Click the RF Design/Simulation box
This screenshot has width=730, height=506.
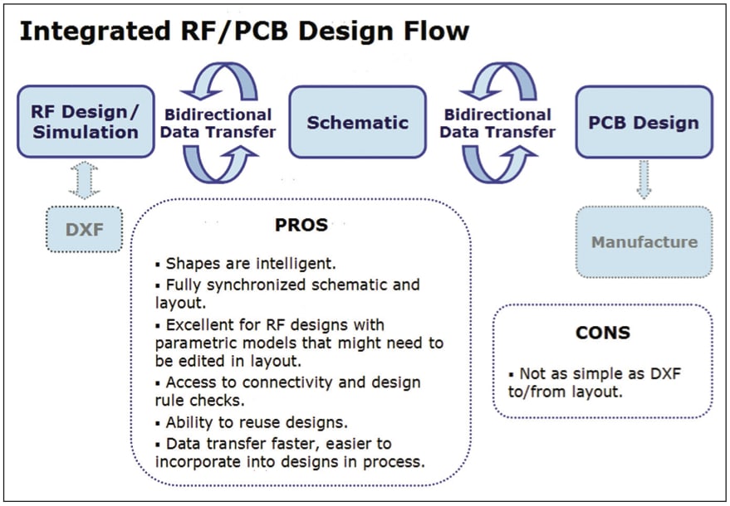tap(86, 122)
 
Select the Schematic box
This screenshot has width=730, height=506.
tap(357, 122)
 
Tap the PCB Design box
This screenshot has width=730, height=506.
tap(644, 122)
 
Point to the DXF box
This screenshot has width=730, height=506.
tap(83, 229)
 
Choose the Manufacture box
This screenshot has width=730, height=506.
tap(644, 242)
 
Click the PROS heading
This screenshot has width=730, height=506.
tap(301, 225)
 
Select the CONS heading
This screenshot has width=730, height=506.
tap(602, 333)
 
